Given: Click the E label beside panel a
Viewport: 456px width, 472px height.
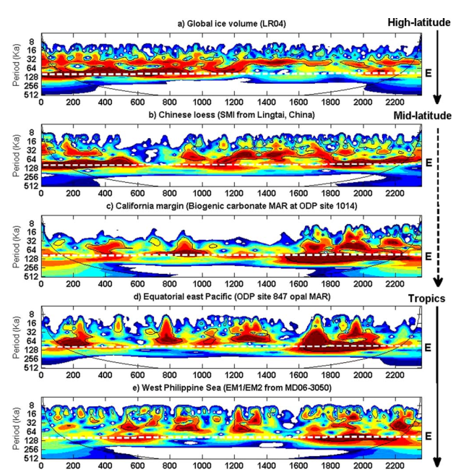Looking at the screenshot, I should pyautogui.click(x=429, y=71).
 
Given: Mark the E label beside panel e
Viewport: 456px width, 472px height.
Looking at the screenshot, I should pyautogui.click(x=429, y=436).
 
